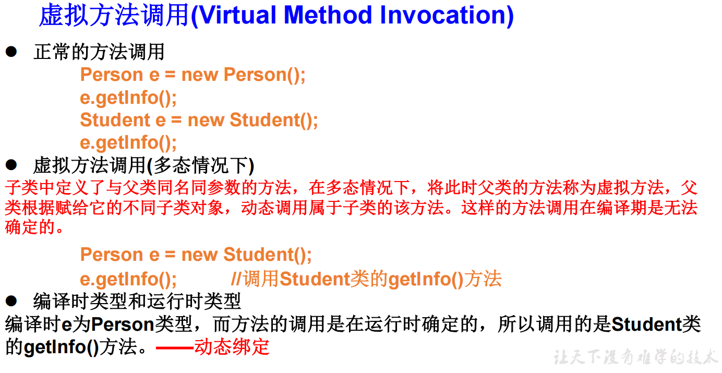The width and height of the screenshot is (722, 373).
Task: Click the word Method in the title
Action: tap(328, 15)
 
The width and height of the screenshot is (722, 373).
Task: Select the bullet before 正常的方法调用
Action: tap(11, 52)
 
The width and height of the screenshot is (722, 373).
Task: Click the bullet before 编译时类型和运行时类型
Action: tap(11, 301)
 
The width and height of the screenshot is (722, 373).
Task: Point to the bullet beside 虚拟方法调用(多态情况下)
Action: tap(11, 165)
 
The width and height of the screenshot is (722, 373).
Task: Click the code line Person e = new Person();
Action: tap(192, 75)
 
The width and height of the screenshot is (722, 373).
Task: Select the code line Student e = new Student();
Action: tap(199, 121)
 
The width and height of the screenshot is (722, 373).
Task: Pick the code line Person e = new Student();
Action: tap(196, 255)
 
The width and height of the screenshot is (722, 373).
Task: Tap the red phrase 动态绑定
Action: tap(232, 347)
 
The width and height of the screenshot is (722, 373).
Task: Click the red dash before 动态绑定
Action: tap(174, 348)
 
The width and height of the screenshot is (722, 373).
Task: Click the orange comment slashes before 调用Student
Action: tap(236, 279)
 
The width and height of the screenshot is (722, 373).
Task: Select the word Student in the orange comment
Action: tap(315, 279)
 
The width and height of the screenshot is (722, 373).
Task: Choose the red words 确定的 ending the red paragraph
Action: tap(30, 227)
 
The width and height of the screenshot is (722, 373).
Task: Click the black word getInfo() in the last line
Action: tap(61, 347)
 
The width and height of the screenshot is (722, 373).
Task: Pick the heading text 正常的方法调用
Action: tap(99, 52)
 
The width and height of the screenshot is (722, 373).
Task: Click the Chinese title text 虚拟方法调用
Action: tap(114, 15)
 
